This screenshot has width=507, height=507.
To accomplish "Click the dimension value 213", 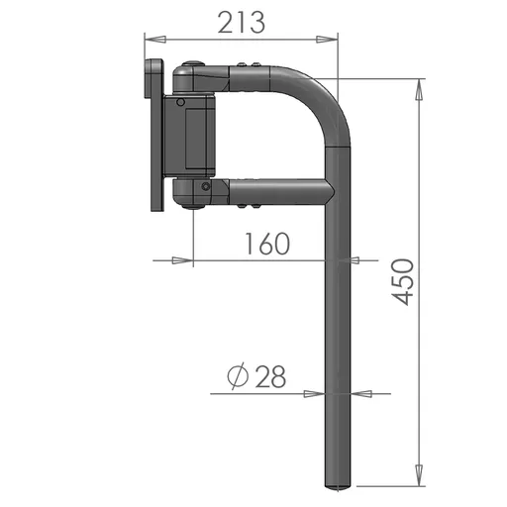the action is click(242, 23).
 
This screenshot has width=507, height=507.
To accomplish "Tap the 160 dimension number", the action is click(267, 244).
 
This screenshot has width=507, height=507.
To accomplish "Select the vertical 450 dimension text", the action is click(403, 282).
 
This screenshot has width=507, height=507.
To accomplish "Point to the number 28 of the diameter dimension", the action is click(270, 376).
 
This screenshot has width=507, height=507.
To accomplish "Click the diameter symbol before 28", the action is click(238, 376).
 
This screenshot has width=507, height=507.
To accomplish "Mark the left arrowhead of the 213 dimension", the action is click(155, 40).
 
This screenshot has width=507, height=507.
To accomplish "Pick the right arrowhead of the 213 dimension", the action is click(327, 40).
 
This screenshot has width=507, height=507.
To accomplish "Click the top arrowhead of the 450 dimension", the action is click(419, 89).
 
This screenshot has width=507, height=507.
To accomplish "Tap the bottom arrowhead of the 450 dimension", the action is click(419, 475).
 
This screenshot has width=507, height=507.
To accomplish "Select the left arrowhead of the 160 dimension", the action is click(182, 260).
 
